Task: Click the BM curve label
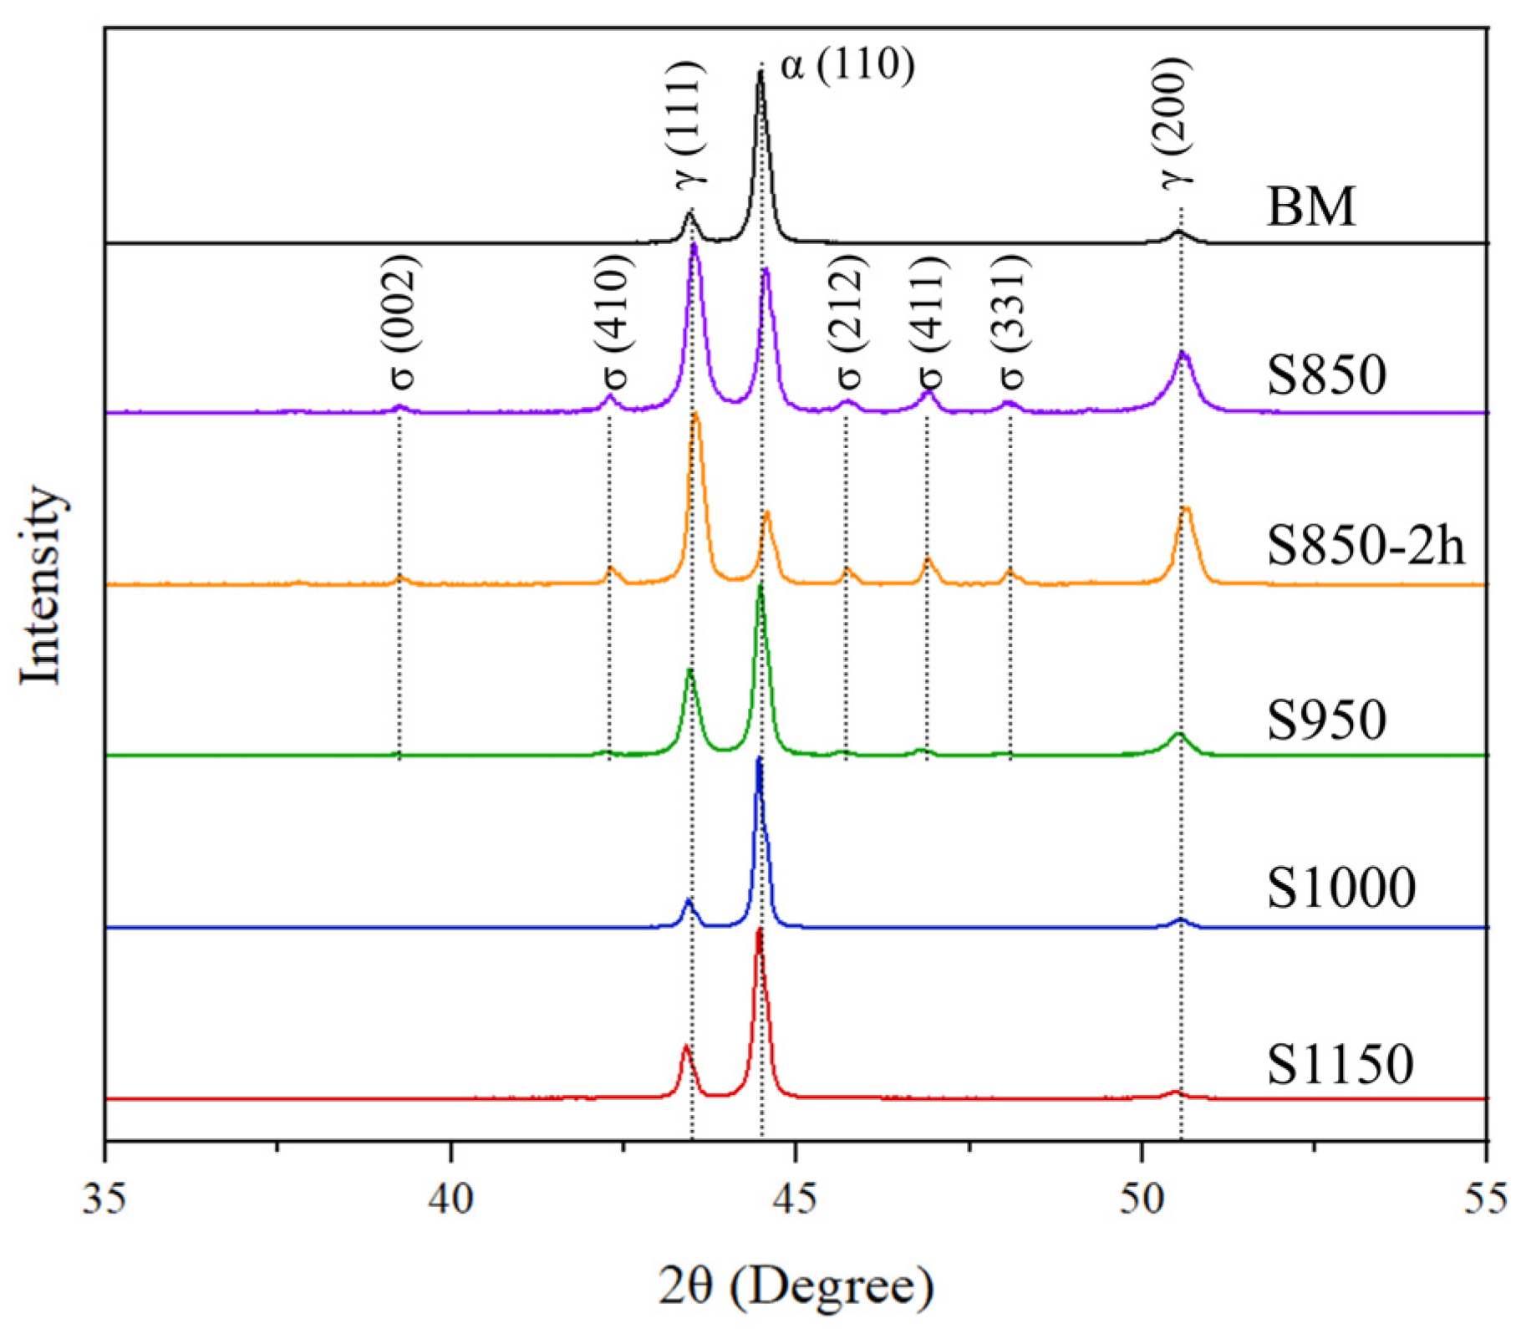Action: [1310, 206]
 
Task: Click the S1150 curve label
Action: [1339, 1064]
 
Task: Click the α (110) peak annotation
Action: [847, 64]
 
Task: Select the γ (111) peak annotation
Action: [690, 123]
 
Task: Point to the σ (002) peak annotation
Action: [403, 322]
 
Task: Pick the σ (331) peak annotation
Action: [1012, 322]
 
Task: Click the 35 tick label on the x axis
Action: [104, 1198]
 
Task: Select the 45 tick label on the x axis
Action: [796, 1198]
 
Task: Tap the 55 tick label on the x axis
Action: [1486, 1198]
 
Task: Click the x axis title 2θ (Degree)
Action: [795, 1285]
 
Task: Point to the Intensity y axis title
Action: [40, 584]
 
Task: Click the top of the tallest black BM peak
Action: [760, 72]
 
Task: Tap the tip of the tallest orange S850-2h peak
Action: [696, 415]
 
